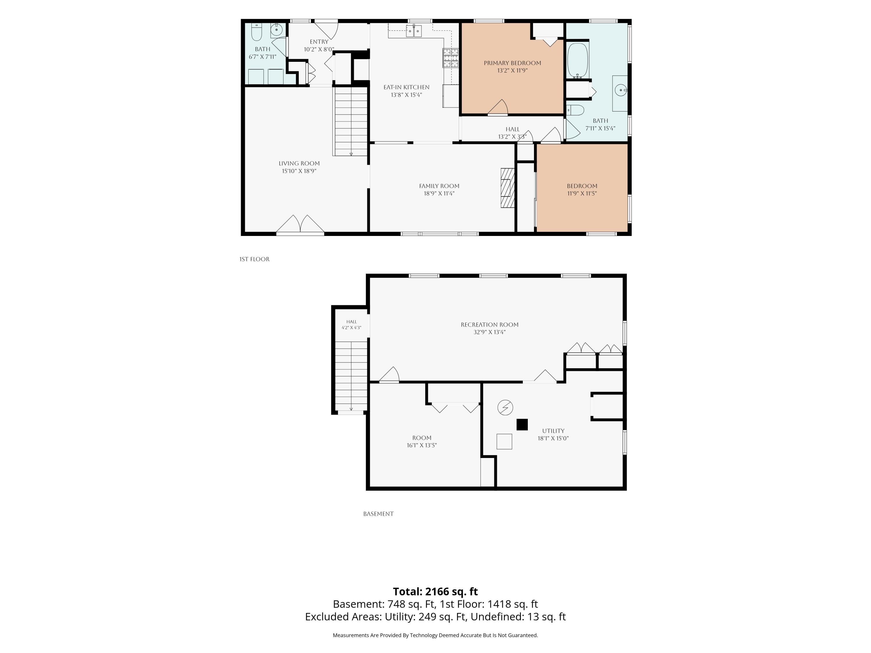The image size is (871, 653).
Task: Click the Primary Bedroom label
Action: click(512, 63)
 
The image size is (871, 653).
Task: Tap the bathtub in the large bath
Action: click(578, 60)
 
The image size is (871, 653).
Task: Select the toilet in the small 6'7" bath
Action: click(256, 32)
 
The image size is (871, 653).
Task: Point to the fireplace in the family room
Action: click(508, 188)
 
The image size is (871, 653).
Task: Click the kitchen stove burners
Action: click(451, 58)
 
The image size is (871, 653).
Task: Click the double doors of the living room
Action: click(300, 224)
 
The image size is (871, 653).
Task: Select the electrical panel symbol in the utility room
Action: click(505, 407)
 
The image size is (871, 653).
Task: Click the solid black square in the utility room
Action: click(522, 425)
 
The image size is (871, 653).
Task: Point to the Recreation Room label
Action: click(490, 325)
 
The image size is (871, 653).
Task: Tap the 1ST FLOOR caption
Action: click(254, 259)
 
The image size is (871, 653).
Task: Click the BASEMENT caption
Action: click(378, 514)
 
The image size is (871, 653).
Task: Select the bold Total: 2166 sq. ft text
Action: click(435, 591)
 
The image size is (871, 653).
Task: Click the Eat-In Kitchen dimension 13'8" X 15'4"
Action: click(406, 95)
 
